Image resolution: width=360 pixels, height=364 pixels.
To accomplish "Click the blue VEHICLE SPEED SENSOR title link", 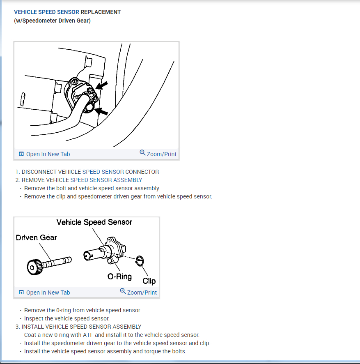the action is [x=46, y=12].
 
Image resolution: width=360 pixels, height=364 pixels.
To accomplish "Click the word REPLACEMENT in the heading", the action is [x=101, y=12].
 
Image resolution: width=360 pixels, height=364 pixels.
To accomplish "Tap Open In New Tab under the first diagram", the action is [x=44, y=154].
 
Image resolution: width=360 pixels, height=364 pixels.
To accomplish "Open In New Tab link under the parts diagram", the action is [x=44, y=293].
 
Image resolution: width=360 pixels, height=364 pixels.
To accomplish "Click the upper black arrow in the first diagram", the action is [x=102, y=85].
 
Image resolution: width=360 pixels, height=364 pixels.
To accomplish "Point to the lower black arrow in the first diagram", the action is [x=101, y=111].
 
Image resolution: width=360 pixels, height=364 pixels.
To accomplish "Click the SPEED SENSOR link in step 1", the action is [x=103, y=172].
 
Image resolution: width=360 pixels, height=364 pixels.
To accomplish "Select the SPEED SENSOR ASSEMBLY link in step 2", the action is [x=106, y=180].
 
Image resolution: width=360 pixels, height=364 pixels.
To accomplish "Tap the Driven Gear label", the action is [x=37, y=237].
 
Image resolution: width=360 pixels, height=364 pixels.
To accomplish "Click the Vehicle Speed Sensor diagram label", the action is [x=94, y=222].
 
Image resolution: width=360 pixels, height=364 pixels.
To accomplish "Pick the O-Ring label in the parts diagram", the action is [x=119, y=276].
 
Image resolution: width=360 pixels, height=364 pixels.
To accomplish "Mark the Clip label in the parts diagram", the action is [x=149, y=281].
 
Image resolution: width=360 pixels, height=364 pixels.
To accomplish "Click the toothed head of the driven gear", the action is [x=34, y=267].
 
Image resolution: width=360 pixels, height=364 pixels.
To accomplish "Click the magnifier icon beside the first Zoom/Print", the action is [x=142, y=152].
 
